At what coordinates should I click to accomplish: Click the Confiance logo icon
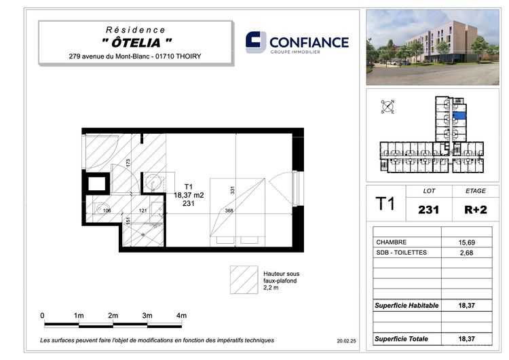(x=256, y=42)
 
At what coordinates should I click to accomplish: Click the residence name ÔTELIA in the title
(x=136, y=43)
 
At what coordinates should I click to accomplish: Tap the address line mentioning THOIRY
(x=135, y=56)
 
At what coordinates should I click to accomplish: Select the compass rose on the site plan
(x=388, y=107)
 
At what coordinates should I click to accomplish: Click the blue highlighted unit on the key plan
(x=459, y=115)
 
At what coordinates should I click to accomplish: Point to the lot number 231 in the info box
(x=428, y=210)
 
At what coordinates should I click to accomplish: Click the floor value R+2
(x=476, y=210)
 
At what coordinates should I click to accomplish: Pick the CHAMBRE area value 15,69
(x=466, y=242)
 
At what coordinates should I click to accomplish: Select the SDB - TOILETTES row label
(x=401, y=253)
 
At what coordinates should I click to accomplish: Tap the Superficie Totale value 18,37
(x=466, y=338)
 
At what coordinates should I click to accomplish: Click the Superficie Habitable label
(x=407, y=306)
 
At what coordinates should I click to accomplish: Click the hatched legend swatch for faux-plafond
(x=244, y=280)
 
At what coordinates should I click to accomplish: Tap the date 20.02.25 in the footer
(x=346, y=341)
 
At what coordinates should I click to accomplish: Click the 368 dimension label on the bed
(x=229, y=211)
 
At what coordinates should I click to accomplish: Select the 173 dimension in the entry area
(x=128, y=163)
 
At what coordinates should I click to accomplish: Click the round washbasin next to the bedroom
(x=153, y=182)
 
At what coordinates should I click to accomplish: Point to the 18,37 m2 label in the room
(x=189, y=195)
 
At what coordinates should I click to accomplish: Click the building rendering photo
(x=433, y=48)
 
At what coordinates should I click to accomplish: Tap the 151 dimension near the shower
(x=128, y=220)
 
